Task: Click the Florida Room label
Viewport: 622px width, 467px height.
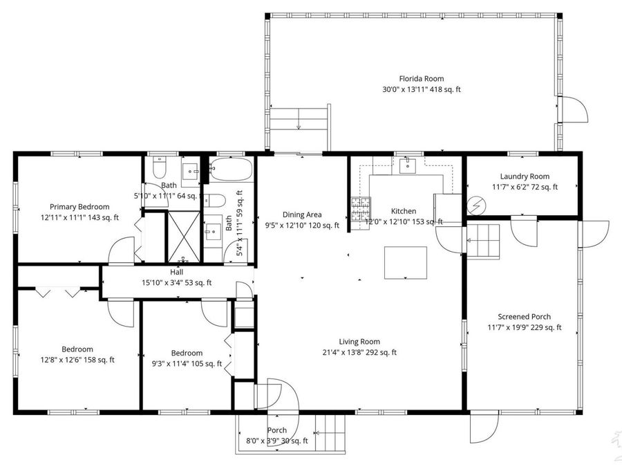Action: click(421, 79)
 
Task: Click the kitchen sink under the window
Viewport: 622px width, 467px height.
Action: click(406, 165)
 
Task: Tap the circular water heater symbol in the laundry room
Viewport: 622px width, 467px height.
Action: click(475, 205)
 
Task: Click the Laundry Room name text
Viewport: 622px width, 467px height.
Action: click(525, 176)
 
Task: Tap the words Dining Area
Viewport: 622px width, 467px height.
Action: click(302, 214)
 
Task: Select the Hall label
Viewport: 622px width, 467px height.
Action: click(176, 272)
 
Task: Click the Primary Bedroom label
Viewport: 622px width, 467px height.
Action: click(79, 206)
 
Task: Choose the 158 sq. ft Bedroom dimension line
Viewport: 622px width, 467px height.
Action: click(77, 360)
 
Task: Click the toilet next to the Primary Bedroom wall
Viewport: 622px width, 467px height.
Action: click(158, 168)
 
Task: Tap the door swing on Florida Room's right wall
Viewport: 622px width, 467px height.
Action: click(573, 111)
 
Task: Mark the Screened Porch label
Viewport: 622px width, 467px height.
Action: click(524, 317)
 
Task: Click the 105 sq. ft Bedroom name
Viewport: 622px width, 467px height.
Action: click(187, 353)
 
